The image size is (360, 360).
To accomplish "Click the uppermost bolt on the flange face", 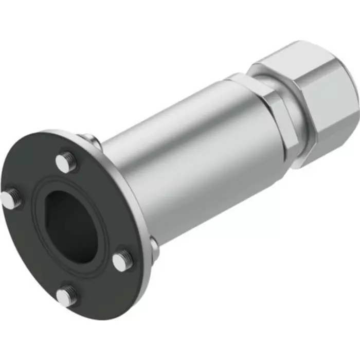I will click(66, 163).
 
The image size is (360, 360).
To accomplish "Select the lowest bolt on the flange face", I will click(67, 295).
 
